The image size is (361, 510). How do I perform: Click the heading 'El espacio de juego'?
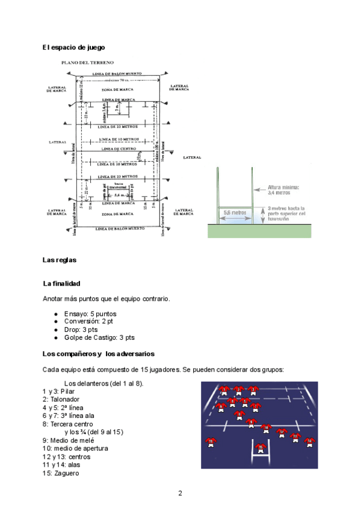tap(73, 47)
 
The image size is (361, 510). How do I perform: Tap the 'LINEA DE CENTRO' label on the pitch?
tap(117, 149)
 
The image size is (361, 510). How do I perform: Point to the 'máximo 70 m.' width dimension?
tap(117, 80)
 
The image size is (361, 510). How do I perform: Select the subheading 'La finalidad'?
tap(62, 283)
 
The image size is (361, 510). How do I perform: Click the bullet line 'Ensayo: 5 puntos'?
tap(90, 313)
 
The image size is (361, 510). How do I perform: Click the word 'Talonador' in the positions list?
tap(63, 399)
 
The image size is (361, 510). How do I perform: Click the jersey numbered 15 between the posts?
tap(261, 447)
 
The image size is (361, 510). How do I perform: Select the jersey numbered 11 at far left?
tap(211, 441)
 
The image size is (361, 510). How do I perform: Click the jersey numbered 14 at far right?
tap(309, 441)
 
